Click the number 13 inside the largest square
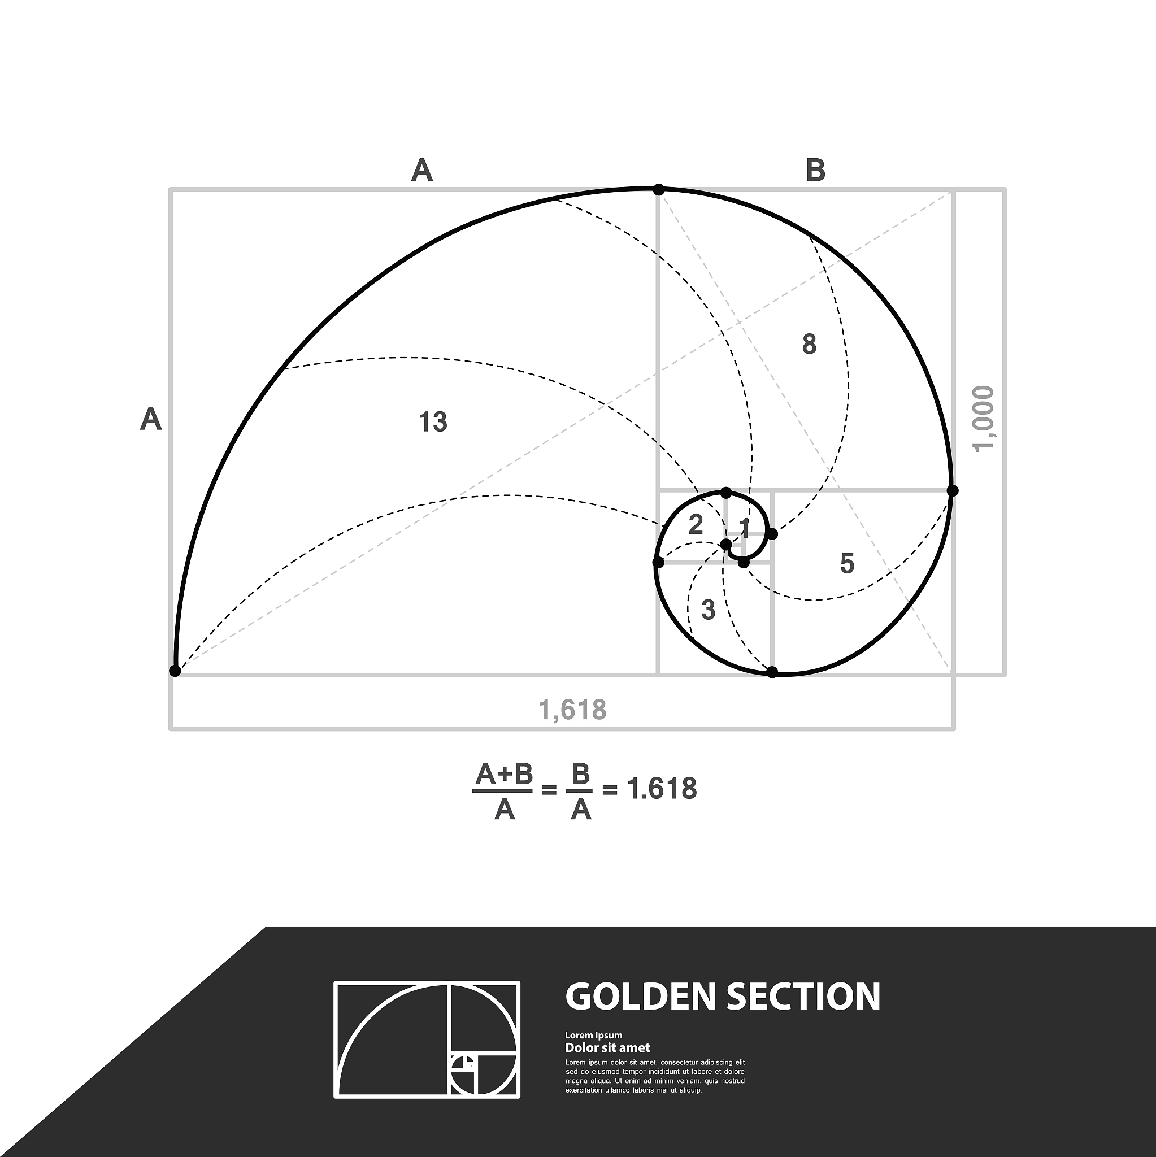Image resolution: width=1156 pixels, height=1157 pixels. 433,422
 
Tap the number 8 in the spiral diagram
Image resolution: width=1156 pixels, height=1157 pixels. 809,345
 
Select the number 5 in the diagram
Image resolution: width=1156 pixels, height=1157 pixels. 847,563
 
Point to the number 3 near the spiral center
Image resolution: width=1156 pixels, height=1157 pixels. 708,610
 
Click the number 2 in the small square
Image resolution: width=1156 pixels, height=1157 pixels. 696,525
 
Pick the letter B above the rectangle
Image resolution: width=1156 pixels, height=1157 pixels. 816,171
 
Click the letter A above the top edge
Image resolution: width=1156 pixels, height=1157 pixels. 421,171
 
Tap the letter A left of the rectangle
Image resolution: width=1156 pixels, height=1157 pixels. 151,419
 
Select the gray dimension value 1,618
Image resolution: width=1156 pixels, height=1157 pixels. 572,710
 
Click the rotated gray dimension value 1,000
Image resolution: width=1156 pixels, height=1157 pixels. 983,419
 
